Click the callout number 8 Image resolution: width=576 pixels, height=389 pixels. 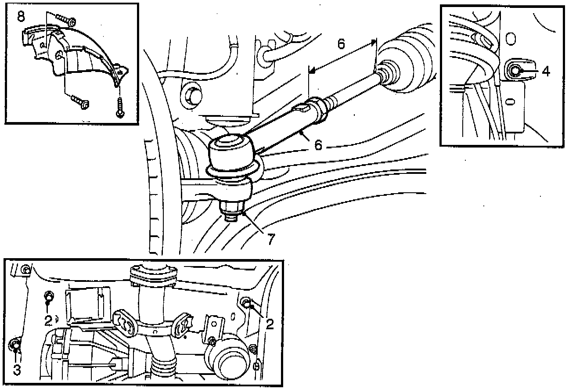[x=21, y=17]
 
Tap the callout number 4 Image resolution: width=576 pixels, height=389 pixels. [x=546, y=71]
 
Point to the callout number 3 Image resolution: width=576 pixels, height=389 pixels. [x=17, y=371]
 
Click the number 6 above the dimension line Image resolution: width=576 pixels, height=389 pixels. [x=342, y=44]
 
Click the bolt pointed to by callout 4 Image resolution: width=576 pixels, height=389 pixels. [x=514, y=69]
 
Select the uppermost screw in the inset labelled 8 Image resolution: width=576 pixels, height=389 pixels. [x=68, y=20]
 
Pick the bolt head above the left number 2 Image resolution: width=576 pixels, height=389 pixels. [x=49, y=297]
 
